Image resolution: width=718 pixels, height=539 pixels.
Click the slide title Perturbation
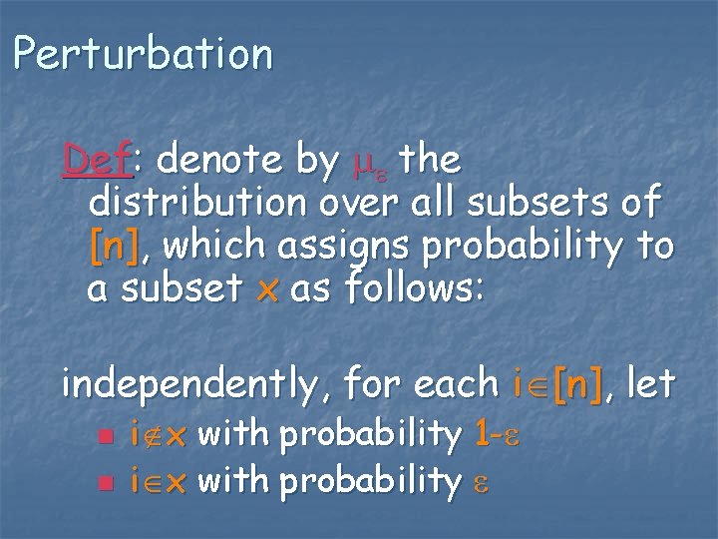pos(143,54)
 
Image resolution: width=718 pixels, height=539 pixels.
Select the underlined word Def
pos(96,158)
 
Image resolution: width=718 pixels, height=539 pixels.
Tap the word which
pos(207,246)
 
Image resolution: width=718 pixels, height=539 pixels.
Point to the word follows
pos(419,289)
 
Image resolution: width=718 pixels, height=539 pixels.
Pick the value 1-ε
pos(499,435)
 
